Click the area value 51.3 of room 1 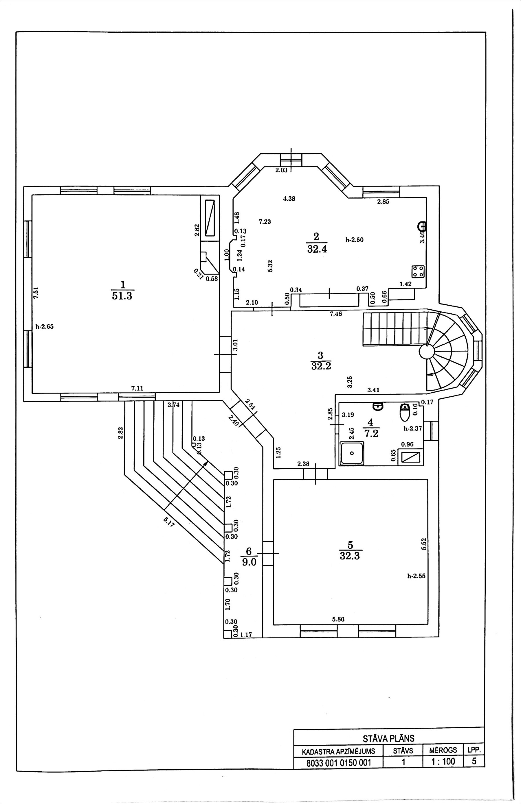pyautogui.click(x=122, y=296)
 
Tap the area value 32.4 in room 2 pyautogui.click(x=317, y=249)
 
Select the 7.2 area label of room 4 pyautogui.click(x=371, y=433)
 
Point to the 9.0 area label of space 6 pyautogui.click(x=249, y=562)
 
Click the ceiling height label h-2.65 pyautogui.click(x=44, y=327)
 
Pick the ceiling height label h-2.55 pyautogui.click(x=416, y=576)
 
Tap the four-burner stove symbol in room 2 pyautogui.click(x=418, y=271)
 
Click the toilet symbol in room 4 pyautogui.click(x=405, y=413)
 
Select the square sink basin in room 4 pyautogui.click(x=352, y=453)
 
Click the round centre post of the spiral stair pyautogui.click(x=427, y=352)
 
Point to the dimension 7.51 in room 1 pyautogui.click(x=36, y=292)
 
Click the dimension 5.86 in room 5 pyautogui.click(x=338, y=619)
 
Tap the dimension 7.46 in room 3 pyautogui.click(x=335, y=314)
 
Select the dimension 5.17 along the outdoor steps pyautogui.click(x=169, y=522)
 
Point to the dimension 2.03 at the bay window pyautogui.click(x=281, y=170)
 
